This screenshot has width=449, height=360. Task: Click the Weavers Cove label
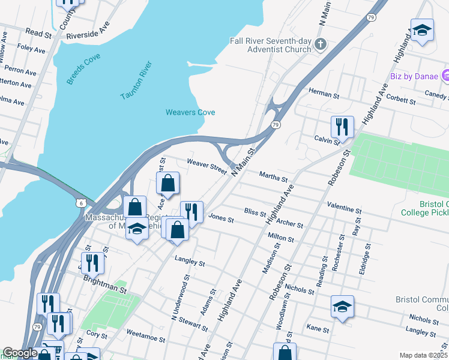coord(190,112)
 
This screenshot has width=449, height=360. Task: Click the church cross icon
coord(321,44)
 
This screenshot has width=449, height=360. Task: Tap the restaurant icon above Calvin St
coord(342,127)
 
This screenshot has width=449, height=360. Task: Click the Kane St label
coord(318,329)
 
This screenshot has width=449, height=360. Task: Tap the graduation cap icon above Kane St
coord(342,306)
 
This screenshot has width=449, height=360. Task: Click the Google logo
coord(20,353)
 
